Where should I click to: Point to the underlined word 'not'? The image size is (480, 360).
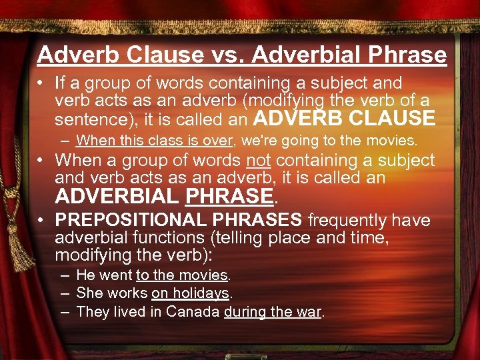259,161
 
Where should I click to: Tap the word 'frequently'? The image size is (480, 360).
348,220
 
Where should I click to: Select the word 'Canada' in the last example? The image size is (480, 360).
193,311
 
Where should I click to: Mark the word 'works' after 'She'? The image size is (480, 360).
132,293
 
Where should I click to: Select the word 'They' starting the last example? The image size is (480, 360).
91,311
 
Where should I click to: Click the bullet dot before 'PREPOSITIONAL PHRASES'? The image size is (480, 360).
43,221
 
